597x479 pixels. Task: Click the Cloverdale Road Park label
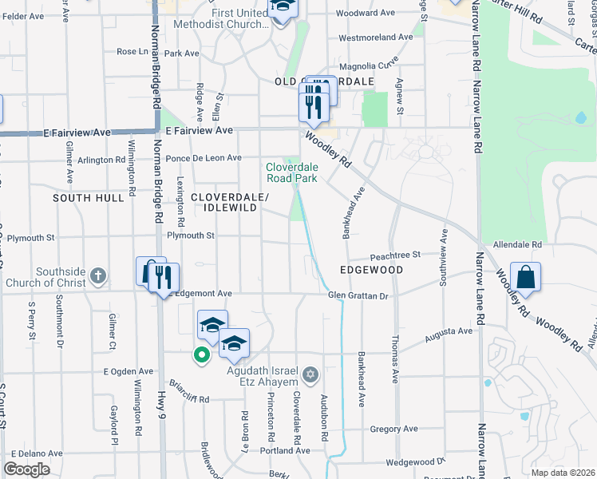tap(291, 172)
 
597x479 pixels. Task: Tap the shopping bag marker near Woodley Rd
tap(525, 278)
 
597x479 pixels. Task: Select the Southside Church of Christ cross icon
tap(97, 276)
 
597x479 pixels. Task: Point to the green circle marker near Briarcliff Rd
tap(202, 354)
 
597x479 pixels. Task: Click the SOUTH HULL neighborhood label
tap(88, 197)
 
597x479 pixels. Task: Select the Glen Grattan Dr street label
tap(358, 296)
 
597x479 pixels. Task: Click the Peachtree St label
tap(394, 255)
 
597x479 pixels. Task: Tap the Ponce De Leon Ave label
tap(204, 158)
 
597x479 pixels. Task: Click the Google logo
tap(26, 469)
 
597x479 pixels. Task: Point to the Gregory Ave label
tap(395, 430)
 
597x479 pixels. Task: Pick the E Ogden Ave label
tap(128, 371)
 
